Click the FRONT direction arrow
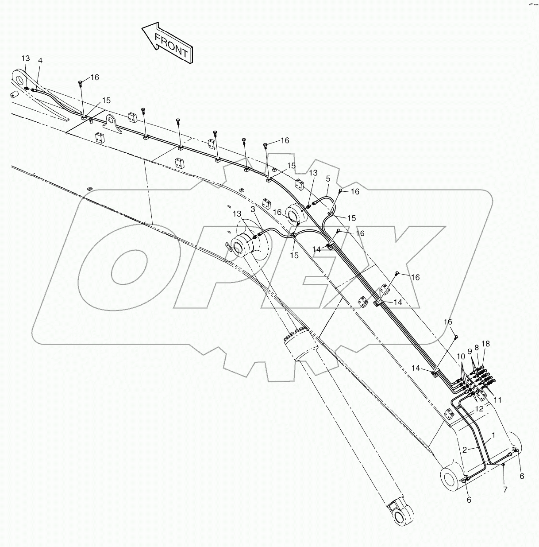click(x=167, y=43)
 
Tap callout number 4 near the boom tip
click(x=40, y=61)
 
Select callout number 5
click(x=328, y=179)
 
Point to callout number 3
click(x=253, y=209)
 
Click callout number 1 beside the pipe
click(x=493, y=435)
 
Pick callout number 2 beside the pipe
click(x=465, y=450)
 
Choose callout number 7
click(x=505, y=489)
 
